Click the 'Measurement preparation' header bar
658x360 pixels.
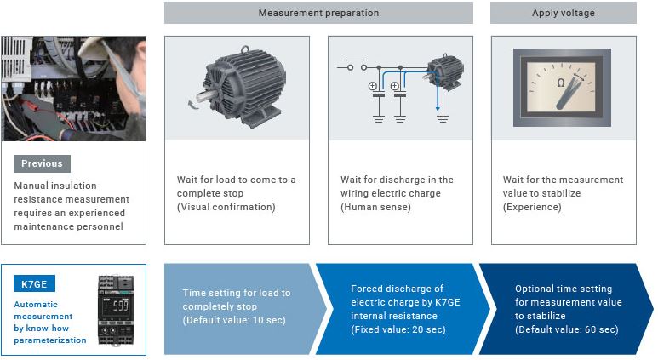[x=318, y=13]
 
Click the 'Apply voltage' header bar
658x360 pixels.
[x=563, y=13]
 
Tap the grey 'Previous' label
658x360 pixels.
[x=42, y=163]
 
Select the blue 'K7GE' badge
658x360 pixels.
[x=34, y=283]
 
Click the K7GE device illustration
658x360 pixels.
[x=116, y=309]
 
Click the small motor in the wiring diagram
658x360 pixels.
[x=444, y=71]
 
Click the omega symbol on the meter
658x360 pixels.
[x=560, y=83]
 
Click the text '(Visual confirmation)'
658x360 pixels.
[x=226, y=207]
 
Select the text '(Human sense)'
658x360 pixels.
[x=375, y=207]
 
